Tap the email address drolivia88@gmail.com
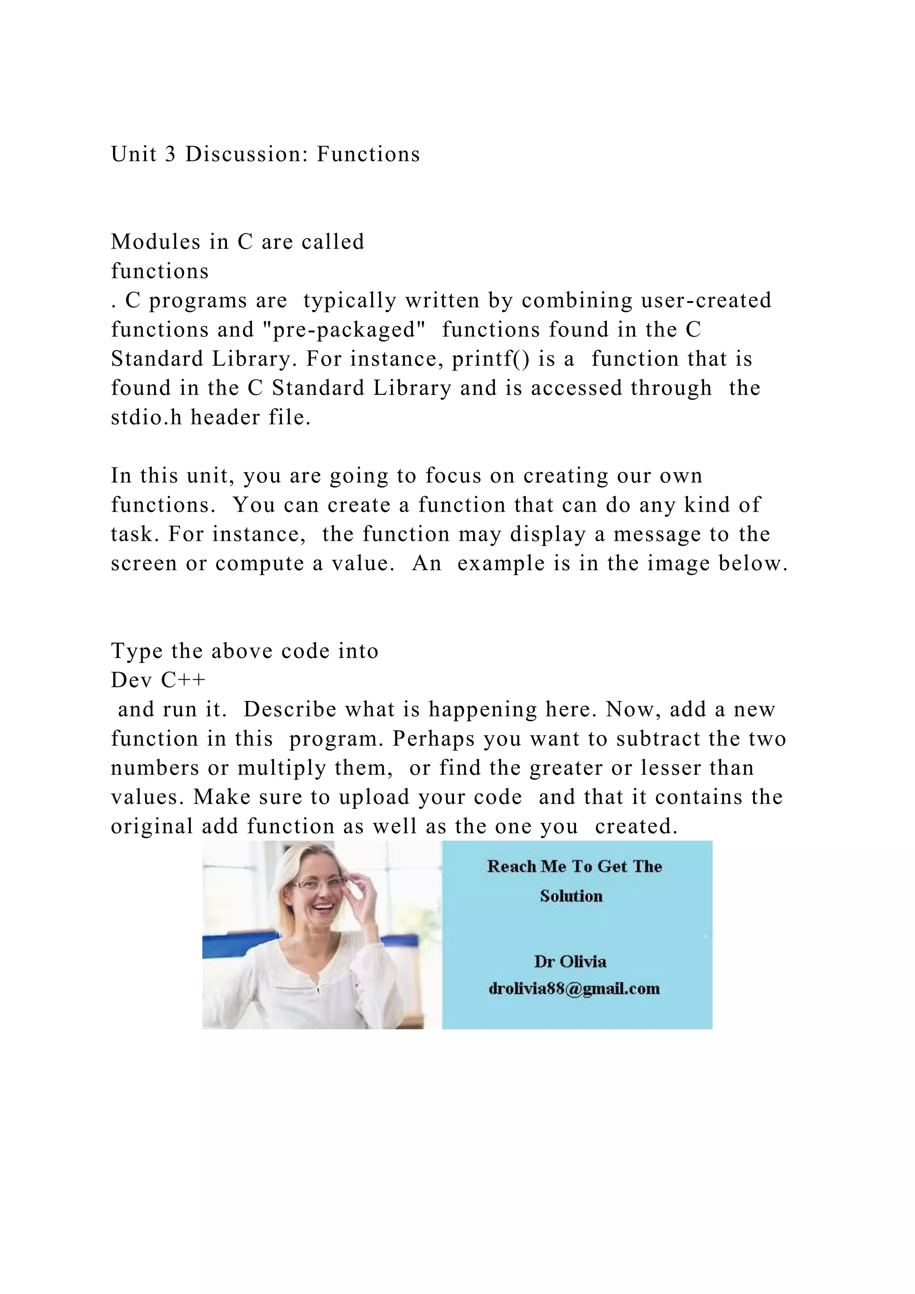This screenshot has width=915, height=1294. coord(574,988)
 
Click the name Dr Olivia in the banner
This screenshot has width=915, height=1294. coord(570,962)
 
